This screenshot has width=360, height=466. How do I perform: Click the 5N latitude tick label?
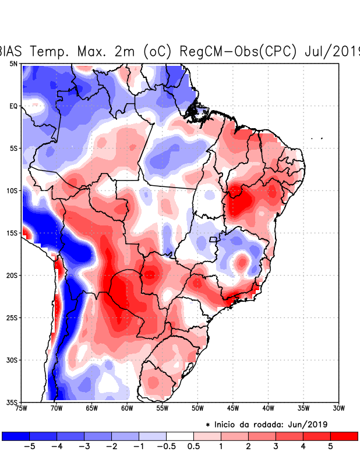(x=13, y=63)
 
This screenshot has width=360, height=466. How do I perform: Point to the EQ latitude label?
(x=13, y=106)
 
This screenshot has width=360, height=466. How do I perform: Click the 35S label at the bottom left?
(x=12, y=402)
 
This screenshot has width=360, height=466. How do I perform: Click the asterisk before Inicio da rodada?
(x=207, y=424)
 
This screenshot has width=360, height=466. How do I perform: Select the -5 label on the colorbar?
(x=27, y=446)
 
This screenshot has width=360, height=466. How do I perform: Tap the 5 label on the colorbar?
(x=330, y=446)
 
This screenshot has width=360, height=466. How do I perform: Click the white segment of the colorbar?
(x=180, y=436)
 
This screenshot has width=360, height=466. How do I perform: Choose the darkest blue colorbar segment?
(x=15, y=436)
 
